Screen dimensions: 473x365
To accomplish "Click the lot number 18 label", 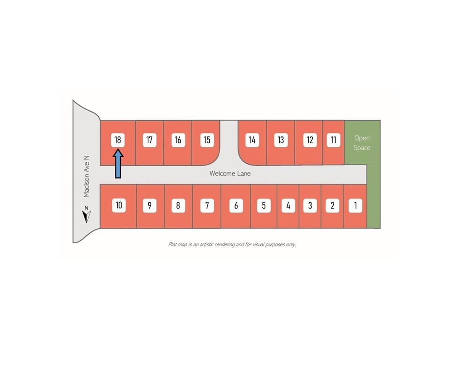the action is click(118, 140).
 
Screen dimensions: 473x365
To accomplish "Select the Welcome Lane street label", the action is click(230, 174).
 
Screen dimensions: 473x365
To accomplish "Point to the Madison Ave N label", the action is click(86, 176).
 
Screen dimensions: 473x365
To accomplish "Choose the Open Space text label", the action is click(362, 143).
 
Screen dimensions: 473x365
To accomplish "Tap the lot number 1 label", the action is click(355, 205).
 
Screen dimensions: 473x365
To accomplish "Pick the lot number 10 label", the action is click(119, 205).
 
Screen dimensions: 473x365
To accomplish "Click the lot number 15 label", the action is click(207, 140).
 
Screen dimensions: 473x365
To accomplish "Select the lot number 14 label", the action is click(252, 140).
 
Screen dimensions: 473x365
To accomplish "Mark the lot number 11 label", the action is click(333, 140).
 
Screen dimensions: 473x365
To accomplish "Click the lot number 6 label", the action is click(236, 205).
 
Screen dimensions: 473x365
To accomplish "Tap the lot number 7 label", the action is click(207, 205).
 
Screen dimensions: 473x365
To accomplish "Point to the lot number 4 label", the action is click(288, 205).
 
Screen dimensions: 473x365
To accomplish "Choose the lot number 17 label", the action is click(149, 140).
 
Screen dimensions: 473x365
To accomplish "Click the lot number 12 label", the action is click(310, 140).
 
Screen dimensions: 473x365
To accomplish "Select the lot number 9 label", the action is click(150, 205).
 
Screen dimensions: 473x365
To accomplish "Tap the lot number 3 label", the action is click(310, 205).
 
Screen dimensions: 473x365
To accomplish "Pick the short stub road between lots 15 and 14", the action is click(229, 142).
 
